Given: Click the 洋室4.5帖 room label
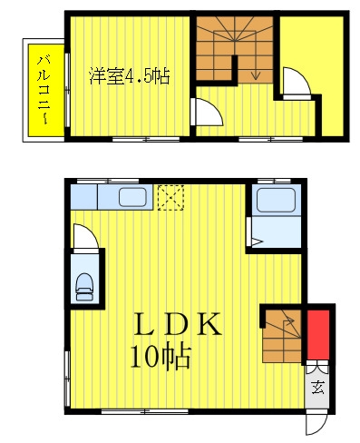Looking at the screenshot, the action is tap(130, 76).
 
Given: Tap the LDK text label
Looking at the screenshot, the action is tap(178, 324).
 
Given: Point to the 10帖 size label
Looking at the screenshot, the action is tap(161, 357).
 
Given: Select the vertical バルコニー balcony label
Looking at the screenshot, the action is tap(44, 90).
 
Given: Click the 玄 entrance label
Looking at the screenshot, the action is tap(317, 387).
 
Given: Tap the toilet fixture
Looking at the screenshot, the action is tap(84, 287).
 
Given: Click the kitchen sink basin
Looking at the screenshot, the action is tap(132, 197).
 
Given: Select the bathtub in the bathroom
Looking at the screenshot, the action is tap(276, 200).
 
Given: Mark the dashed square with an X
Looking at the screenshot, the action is tap(170, 197).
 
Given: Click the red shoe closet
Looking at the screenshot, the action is tap(318, 335).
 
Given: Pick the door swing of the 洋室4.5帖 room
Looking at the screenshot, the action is tap(208, 112).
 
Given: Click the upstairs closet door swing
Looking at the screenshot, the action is tap(297, 82).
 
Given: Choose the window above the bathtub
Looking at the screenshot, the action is tap(274, 181).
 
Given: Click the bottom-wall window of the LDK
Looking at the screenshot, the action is tap(144, 411).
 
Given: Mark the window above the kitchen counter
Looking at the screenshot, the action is tap(108, 181).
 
